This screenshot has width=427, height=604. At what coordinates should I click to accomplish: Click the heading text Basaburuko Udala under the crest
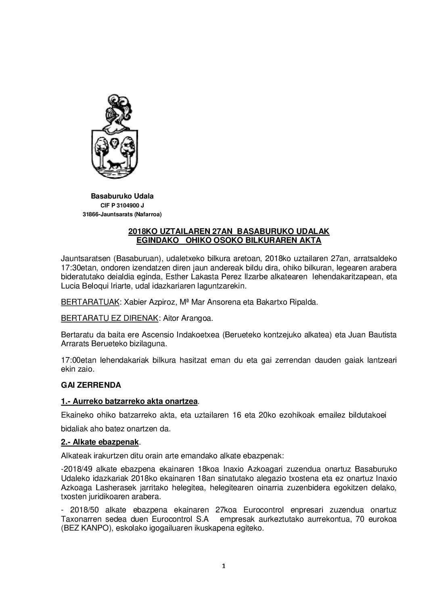tap(122, 196)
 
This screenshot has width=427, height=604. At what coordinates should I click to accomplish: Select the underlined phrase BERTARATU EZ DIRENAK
tap(109, 318)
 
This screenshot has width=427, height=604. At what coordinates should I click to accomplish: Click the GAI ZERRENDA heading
tap(91, 385)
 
